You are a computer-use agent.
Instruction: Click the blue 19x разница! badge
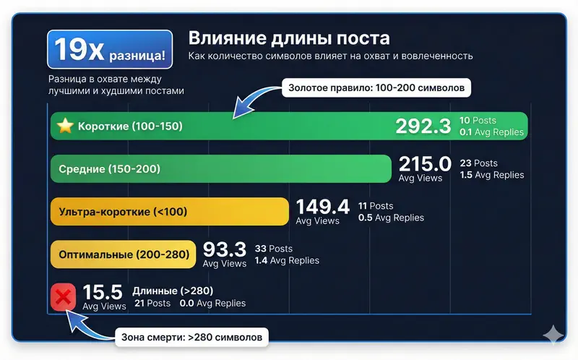(x=110, y=49)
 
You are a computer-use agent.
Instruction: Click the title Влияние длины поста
(x=288, y=38)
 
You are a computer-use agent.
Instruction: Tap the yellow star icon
(x=66, y=127)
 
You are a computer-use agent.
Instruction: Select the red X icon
(x=64, y=296)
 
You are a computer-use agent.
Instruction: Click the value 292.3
(x=423, y=127)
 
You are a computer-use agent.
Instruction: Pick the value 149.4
(x=322, y=207)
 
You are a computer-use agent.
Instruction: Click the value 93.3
(x=225, y=249)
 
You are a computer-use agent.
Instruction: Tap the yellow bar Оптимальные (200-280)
(x=123, y=254)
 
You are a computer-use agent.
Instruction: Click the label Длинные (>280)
(x=173, y=291)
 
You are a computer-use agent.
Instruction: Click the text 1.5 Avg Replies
(x=491, y=175)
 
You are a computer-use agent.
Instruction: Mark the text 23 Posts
(x=478, y=163)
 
